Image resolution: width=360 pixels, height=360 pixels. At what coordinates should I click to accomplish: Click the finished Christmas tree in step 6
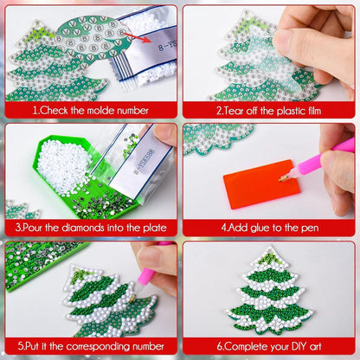coord(269,290)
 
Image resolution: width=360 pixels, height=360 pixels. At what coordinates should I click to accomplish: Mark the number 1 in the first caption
coord(34,110)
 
